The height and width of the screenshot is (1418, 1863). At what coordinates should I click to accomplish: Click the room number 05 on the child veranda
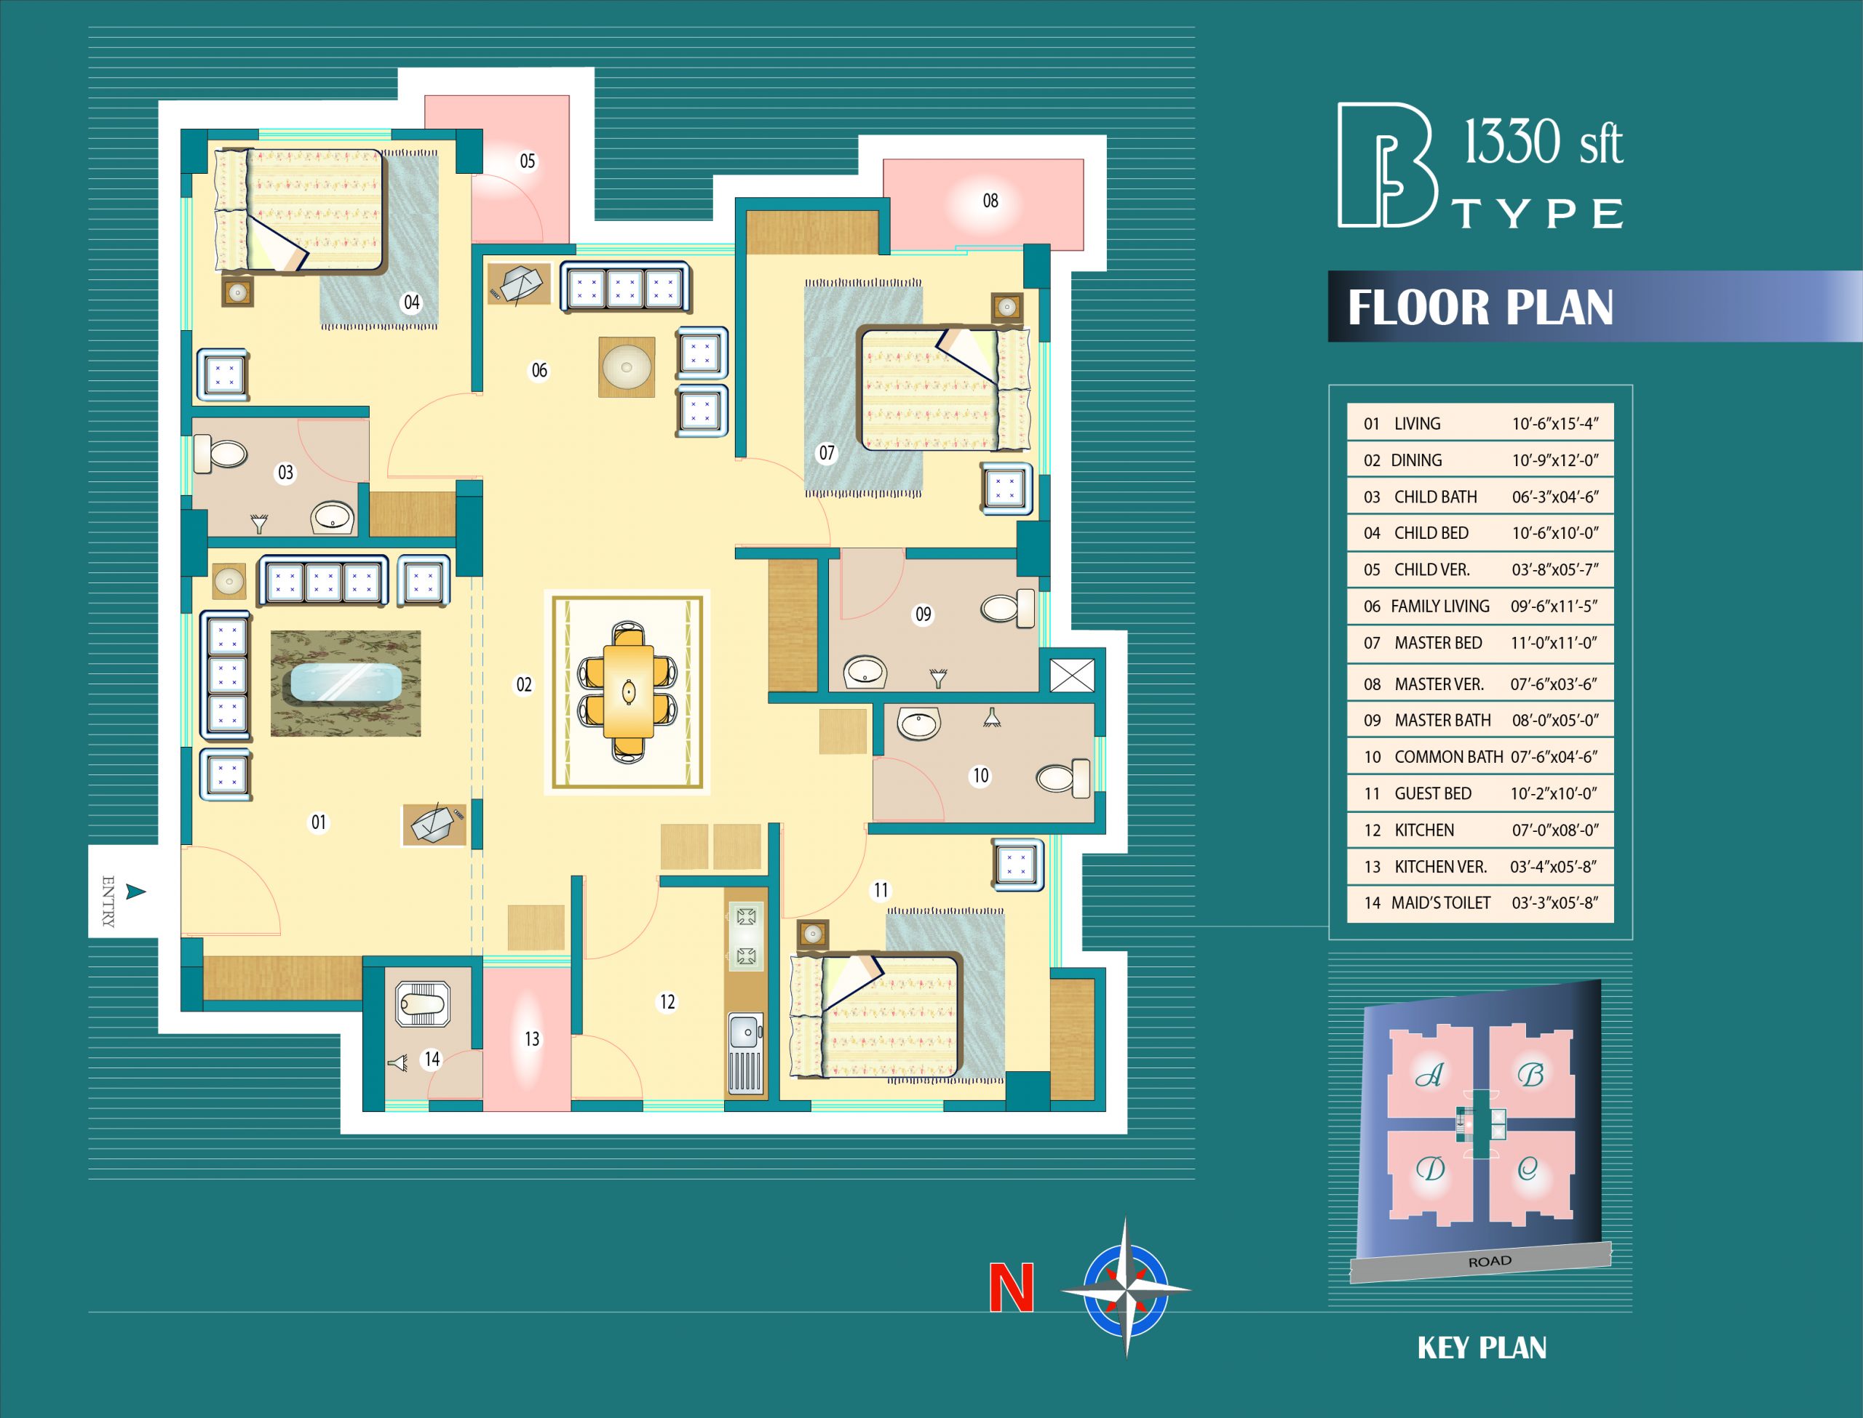coord(528,161)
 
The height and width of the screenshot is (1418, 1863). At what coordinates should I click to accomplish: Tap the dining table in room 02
coord(628,692)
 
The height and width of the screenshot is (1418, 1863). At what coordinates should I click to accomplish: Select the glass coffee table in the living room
coord(346,683)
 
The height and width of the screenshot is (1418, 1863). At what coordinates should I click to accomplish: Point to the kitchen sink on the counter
coord(745,1031)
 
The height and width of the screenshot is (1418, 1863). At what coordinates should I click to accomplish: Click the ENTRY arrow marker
coord(135,892)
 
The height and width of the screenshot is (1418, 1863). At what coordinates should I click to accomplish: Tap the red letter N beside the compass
coord(1012,1287)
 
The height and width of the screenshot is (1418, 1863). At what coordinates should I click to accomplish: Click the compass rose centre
coord(1126,1289)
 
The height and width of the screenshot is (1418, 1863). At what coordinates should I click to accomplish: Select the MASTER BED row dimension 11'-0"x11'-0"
coord(1554,643)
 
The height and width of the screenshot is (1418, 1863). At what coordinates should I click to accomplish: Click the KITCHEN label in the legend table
coord(1424,830)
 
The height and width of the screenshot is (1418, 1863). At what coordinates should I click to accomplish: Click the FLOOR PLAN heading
coord(1480,307)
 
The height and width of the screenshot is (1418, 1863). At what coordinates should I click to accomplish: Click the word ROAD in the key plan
coord(1490,1262)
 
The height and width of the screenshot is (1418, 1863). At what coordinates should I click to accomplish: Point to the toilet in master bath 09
coord(1009,608)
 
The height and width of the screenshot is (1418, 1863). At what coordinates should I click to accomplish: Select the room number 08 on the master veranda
coord(990,201)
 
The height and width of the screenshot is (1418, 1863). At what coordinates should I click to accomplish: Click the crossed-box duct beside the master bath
coord(1073,676)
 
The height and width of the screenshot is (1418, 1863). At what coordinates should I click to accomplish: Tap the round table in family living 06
coord(627,367)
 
